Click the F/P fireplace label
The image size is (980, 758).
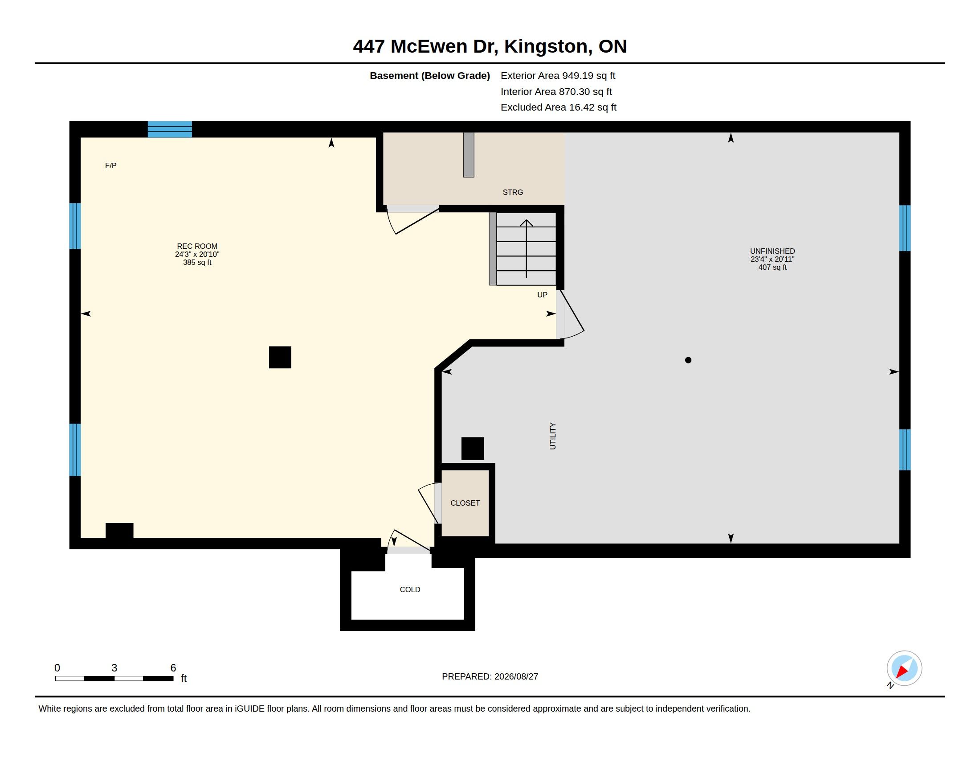click(110, 166)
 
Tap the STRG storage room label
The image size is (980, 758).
click(512, 192)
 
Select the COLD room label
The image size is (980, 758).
click(410, 589)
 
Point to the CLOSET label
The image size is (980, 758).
click(465, 503)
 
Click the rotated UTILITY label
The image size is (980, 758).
click(552, 436)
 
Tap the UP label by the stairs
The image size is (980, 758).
click(542, 295)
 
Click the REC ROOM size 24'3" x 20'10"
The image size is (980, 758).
click(197, 254)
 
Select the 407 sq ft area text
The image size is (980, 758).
click(772, 267)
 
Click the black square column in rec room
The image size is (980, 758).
click(280, 357)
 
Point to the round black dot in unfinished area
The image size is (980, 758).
click(688, 360)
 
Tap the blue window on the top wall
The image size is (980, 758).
click(170, 129)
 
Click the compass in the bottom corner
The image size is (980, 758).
click(904, 668)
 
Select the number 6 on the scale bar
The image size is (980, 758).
click(173, 668)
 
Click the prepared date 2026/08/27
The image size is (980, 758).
click(516, 676)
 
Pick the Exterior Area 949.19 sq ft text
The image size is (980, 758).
click(558, 75)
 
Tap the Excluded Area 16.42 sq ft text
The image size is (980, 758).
click(558, 107)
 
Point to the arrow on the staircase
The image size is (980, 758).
click(526, 248)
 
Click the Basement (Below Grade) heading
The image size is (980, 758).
click(429, 76)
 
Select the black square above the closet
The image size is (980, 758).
click(473, 448)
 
